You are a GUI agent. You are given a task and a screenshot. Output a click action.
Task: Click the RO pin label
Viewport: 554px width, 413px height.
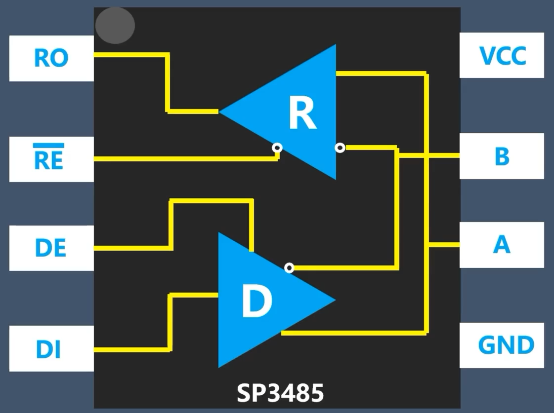click(51, 58)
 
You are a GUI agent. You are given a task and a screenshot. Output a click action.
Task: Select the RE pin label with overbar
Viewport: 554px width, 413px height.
click(49, 160)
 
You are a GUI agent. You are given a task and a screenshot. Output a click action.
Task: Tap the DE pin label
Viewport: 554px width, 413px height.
click(50, 248)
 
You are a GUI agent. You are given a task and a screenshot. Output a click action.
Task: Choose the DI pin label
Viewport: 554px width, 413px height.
click(48, 349)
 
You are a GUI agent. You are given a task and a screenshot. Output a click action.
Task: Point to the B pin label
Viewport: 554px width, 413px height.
click(502, 156)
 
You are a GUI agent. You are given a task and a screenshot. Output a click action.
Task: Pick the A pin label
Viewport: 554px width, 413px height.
click(502, 245)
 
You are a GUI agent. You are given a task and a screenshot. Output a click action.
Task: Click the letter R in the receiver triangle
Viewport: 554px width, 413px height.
click(302, 113)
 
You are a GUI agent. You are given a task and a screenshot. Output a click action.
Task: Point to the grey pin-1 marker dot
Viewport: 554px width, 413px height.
click(115, 25)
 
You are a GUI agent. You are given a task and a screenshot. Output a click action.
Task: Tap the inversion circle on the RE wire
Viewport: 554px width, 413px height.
click(277, 148)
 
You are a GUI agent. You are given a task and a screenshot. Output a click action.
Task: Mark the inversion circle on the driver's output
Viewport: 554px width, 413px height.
click(290, 268)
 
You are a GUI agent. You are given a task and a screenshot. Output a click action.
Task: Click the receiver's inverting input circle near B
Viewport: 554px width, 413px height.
click(340, 148)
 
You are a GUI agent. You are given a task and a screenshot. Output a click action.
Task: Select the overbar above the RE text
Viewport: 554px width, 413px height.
click(49, 146)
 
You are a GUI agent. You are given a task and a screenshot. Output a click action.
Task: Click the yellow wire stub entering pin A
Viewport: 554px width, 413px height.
click(445, 244)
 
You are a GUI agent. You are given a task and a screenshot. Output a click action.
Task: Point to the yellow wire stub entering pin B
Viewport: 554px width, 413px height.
click(445, 156)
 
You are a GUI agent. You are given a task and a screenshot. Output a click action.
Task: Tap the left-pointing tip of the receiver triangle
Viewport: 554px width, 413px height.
click(221, 112)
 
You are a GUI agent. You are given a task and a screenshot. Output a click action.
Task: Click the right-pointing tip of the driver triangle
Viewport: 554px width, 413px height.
click(334, 300)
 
